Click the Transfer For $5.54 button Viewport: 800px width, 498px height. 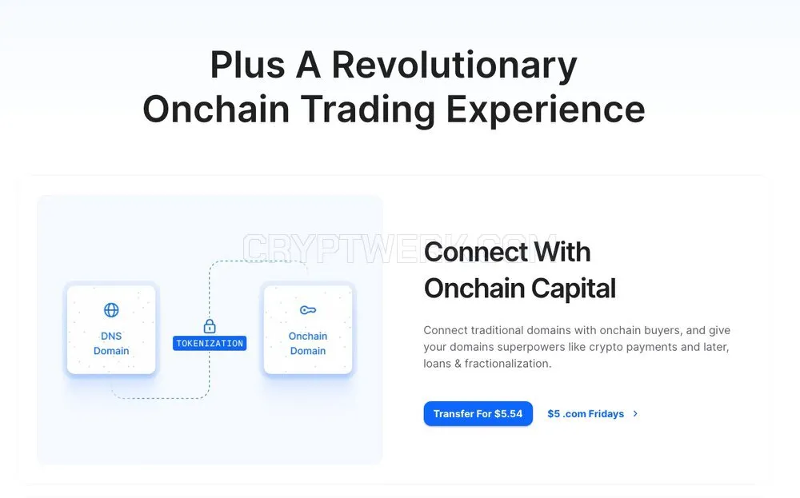[x=478, y=413]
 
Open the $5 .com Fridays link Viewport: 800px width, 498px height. [x=586, y=414]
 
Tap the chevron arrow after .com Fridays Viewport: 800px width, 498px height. [x=635, y=414]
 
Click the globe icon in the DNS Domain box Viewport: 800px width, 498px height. [x=111, y=310]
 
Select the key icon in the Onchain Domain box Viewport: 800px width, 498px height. [x=308, y=310]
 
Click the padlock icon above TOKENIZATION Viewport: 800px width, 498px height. [x=210, y=325]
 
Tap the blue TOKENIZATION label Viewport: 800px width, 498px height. [x=210, y=344]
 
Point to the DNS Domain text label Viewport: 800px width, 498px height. [x=111, y=344]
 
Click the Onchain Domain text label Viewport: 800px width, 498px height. [x=308, y=344]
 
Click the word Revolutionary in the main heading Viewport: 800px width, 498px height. [x=454, y=66]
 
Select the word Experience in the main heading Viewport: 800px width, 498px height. [x=546, y=110]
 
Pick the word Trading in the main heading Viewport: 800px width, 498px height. [x=368, y=110]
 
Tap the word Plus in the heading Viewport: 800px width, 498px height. [x=247, y=66]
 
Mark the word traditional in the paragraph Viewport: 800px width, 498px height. [x=497, y=330]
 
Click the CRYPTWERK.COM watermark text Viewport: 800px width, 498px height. [x=399, y=249]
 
